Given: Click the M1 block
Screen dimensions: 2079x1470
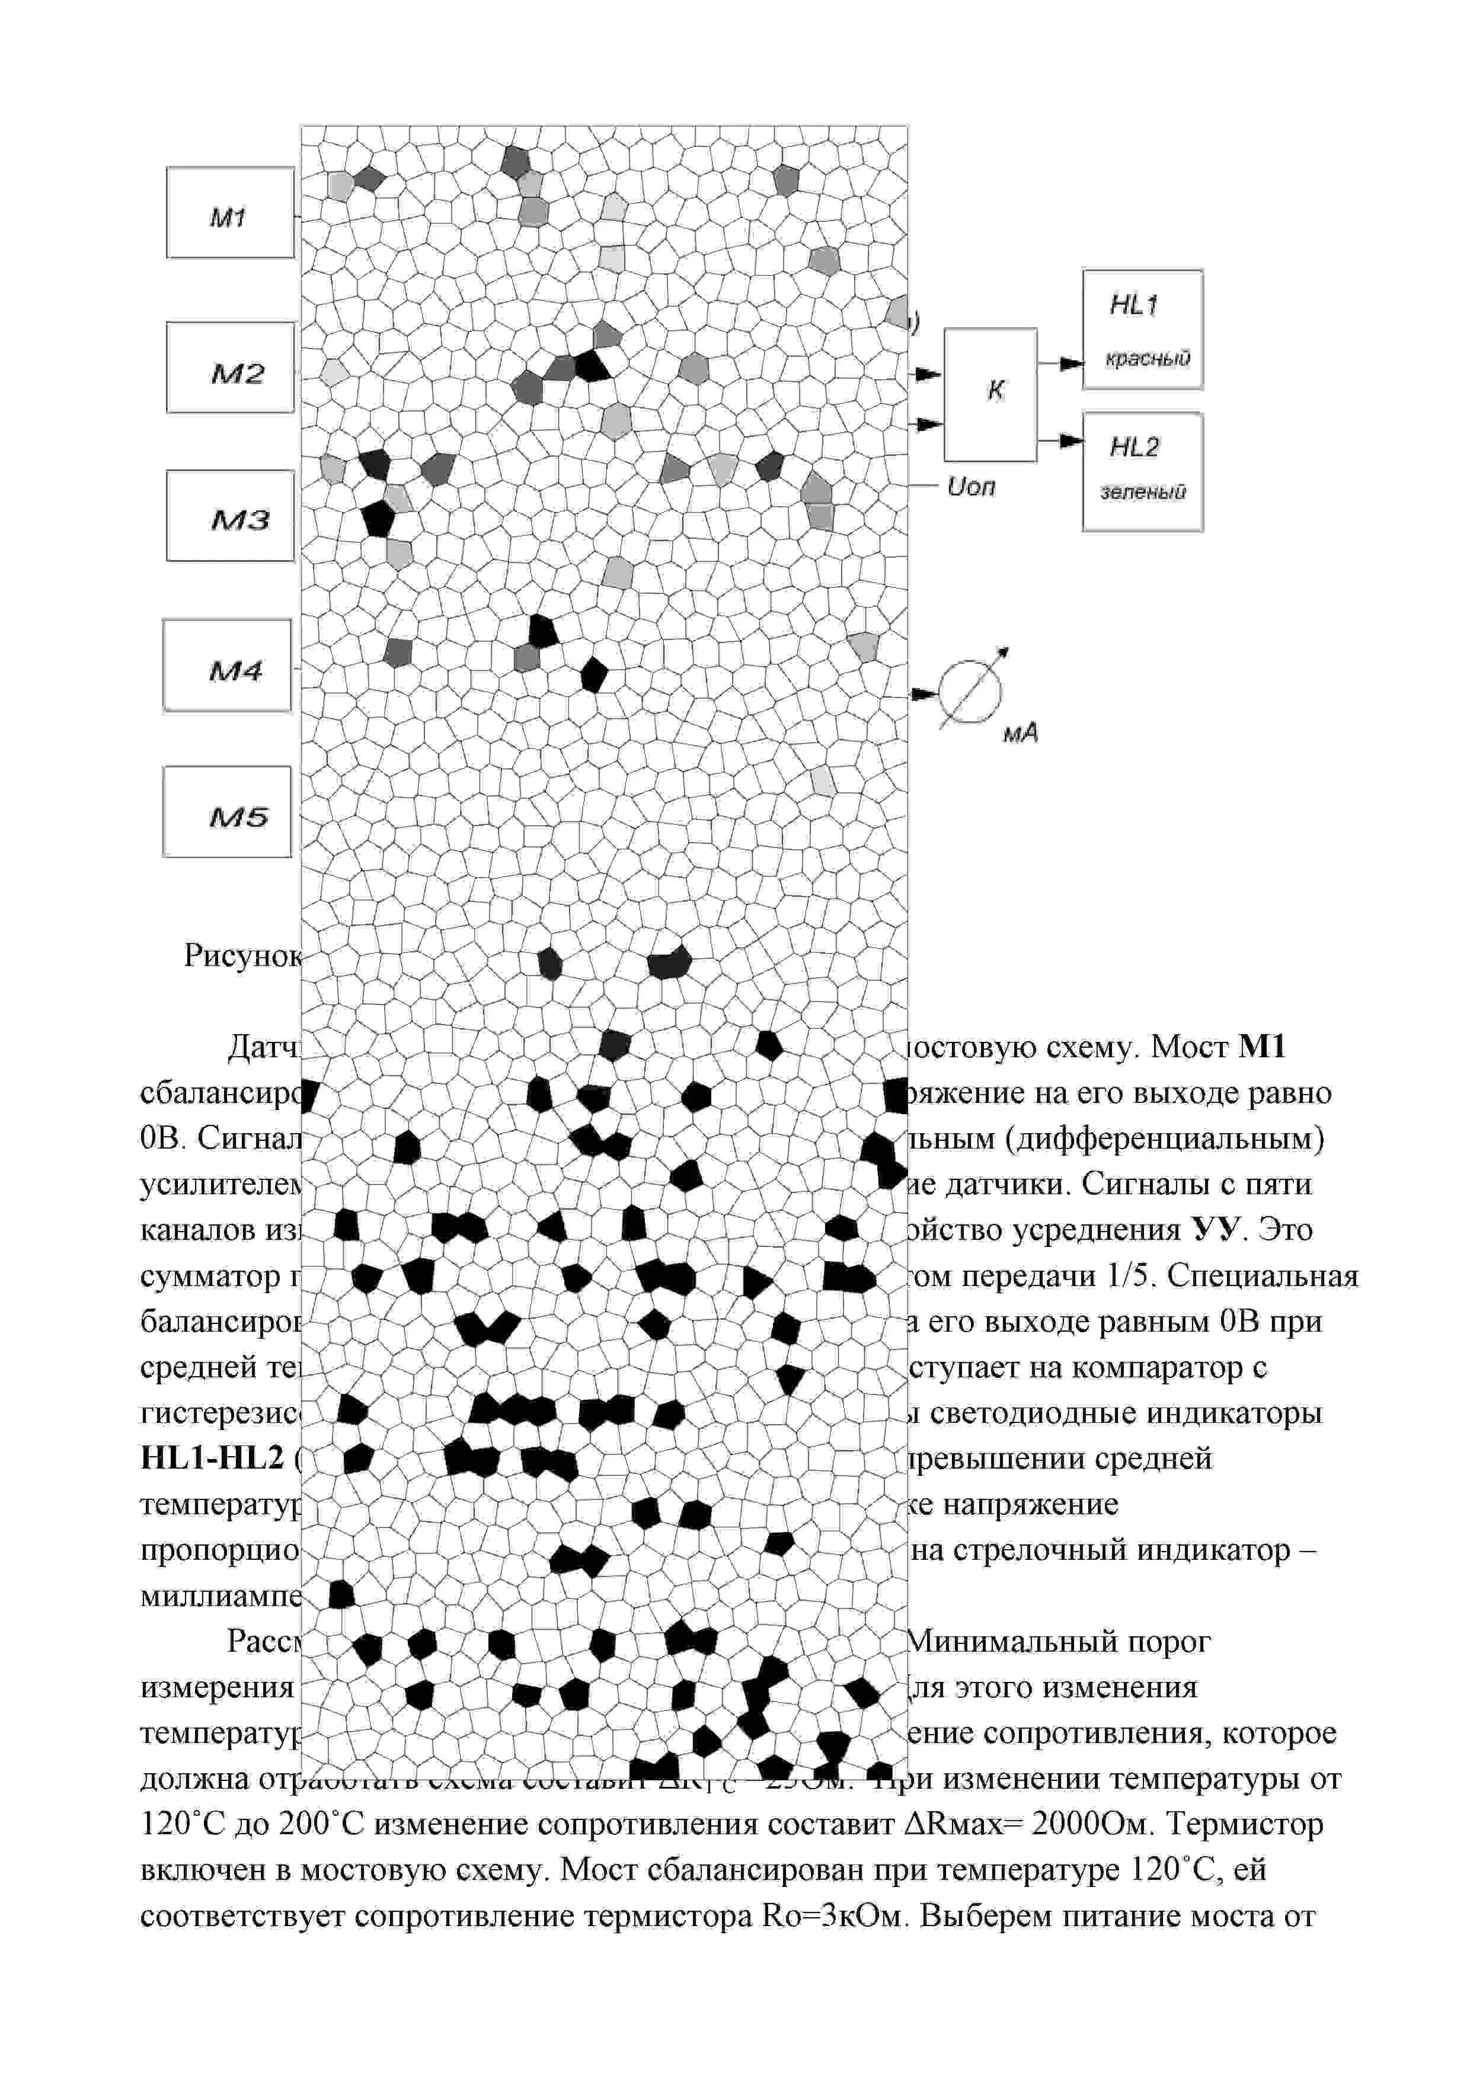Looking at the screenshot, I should point(230,213).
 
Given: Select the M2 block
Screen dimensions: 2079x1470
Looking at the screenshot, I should point(230,367).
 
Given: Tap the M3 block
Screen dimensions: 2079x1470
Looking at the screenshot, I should point(230,516).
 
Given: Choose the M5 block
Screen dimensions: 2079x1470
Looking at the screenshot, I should point(228,813).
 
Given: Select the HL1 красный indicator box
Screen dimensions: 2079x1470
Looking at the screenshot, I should point(1142,330).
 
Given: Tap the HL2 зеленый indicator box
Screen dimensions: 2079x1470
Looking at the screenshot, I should point(1142,472).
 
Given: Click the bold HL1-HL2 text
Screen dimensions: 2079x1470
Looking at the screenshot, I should point(212,1459).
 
